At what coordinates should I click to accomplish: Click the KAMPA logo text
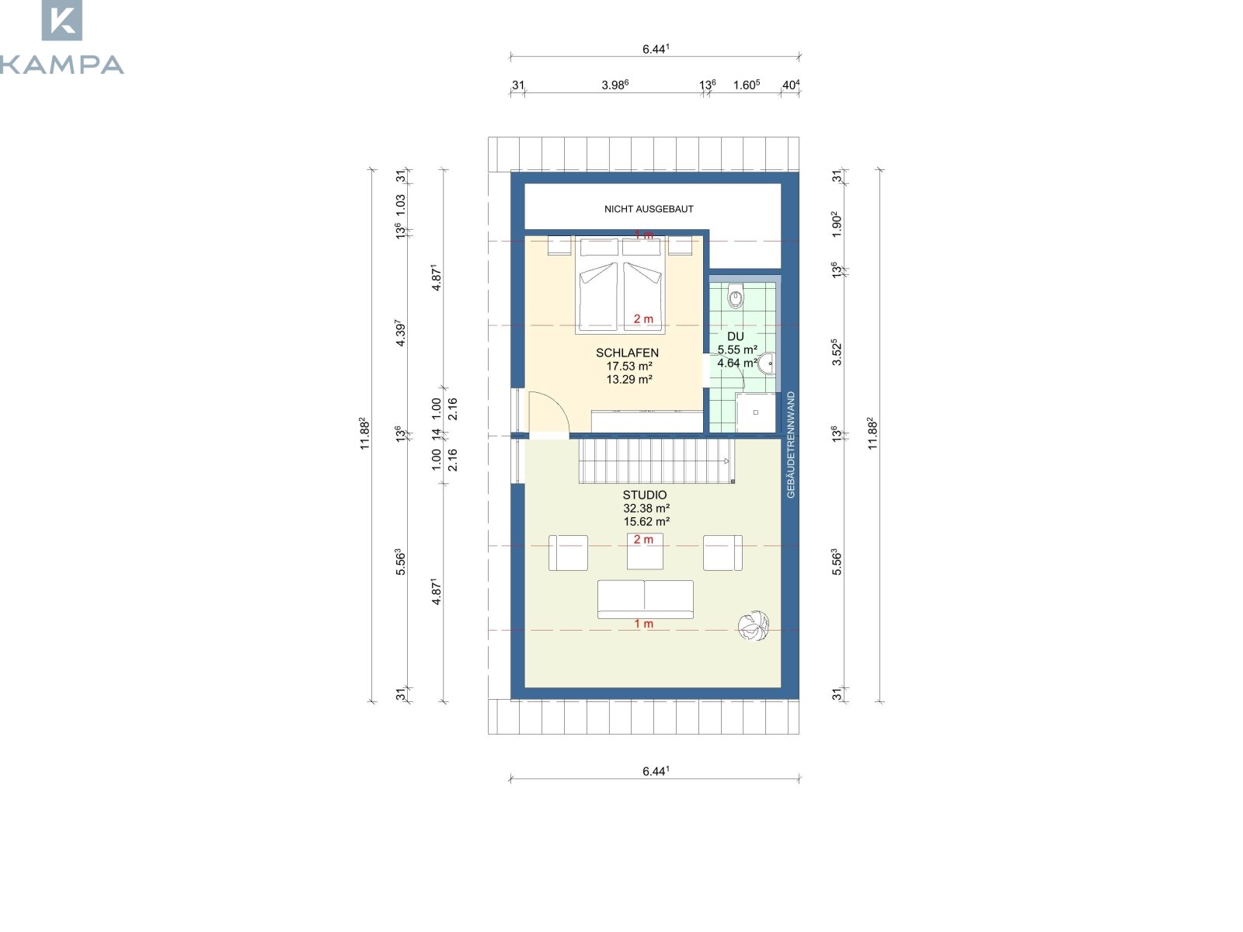[61, 64]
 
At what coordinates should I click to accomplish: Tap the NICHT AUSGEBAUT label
[649, 209]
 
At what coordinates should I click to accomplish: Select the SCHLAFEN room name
[627, 353]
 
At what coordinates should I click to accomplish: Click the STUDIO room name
[645, 495]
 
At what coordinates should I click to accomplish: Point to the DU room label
[735, 336]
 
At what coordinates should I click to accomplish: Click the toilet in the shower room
[735, 295]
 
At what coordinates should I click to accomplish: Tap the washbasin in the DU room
[767, 363]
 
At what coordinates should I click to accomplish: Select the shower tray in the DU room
[755, 412]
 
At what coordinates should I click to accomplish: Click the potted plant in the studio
[753, 625]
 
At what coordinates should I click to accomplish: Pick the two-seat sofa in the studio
[645, 600]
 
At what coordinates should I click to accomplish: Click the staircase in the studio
[656, 462]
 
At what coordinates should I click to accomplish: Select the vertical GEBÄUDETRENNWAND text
[791, 445]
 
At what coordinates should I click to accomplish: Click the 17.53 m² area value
[629, 366]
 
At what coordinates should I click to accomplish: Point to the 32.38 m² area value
[646, 508]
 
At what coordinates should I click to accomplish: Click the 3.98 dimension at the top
[615, 85]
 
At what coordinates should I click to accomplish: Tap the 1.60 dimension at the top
[747, 85]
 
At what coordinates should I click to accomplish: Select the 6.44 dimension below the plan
[656, 771]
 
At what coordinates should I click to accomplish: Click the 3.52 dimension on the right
[837, 352]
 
